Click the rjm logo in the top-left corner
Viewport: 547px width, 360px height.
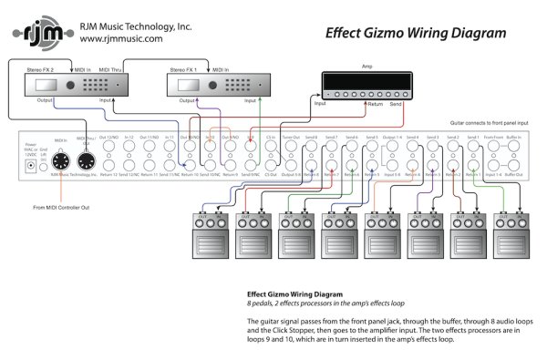coord(39,34)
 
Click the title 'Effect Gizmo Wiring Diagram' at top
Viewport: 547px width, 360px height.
coord(415,34)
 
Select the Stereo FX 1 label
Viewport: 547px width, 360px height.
coord(183,68)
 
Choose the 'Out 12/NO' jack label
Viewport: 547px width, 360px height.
coord(110,137)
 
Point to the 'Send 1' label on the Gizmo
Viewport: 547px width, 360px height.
coord(471,137)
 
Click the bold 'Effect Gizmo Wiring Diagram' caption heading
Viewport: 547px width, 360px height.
coord(295,294)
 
